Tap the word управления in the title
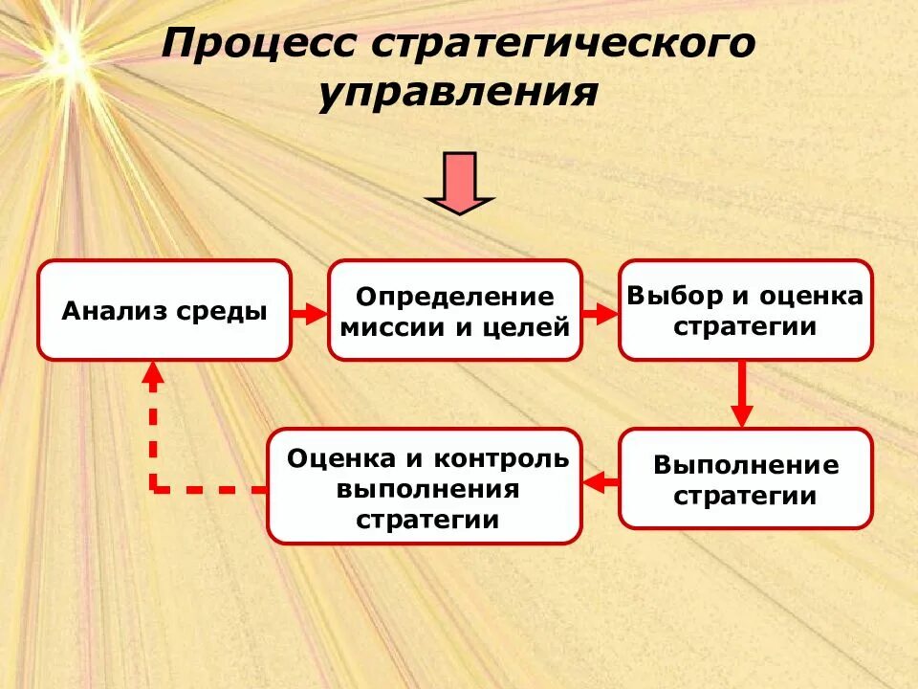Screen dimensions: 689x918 click(x=459, y=93)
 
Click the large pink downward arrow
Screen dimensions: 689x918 click(x=460, y=182)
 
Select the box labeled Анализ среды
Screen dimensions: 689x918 click(x=164, y=310)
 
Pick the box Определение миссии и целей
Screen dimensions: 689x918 click(x=454, y=310)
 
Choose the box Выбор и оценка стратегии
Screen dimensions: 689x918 click(x=745, y=310)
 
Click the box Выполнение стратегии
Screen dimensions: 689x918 click(x=745, y=478)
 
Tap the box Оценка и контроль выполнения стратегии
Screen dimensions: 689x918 click(x=424, y=486)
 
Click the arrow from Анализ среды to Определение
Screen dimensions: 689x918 click(x=310, y=313)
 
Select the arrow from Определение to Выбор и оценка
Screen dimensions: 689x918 click(x=601, y=313)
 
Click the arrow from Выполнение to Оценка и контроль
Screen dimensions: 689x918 click(x=601, y=481)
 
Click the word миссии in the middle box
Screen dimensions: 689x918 click(x=387, y=328)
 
